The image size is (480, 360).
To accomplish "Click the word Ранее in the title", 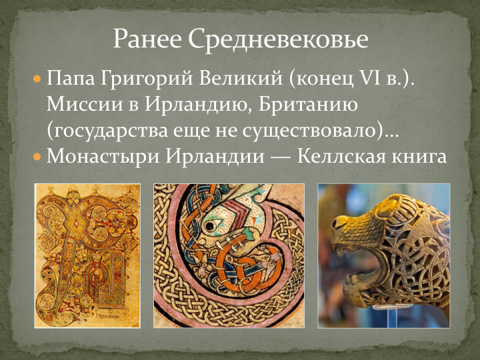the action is [x=147, y=39].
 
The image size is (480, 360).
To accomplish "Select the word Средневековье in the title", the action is [x=278, y=39].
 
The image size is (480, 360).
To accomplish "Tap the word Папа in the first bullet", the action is [x=71, y=79].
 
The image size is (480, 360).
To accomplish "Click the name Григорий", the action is [x=146, y=79].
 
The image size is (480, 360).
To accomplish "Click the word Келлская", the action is [x=353, y=156].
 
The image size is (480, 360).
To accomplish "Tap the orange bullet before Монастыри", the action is [x=37, y=157].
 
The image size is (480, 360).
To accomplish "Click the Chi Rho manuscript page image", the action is [x=87, y=255].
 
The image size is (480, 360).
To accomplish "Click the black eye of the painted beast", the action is [x=210, y=226].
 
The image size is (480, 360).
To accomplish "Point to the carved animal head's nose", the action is [x=339, y=222].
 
